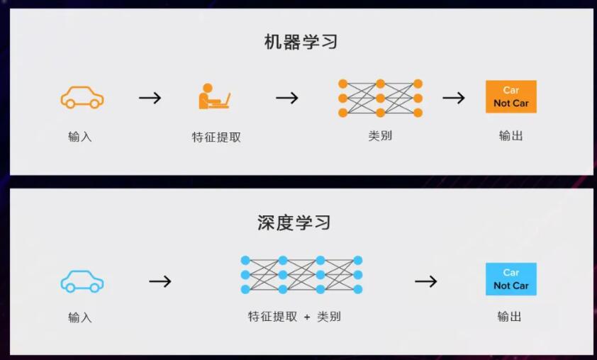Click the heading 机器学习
pos(301,42)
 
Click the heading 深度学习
pos(294,223)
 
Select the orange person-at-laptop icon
pos(214,96)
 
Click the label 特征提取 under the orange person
pos(216,137)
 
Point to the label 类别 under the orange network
pos(380,135)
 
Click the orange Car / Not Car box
pos(511,96)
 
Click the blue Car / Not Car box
pos(511,279)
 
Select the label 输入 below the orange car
pos(80,136)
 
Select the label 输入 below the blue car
pos(80,317)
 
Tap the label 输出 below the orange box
pos(511,135)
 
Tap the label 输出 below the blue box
pos(509,316)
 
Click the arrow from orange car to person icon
pos(150,98)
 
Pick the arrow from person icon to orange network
pos(287,98)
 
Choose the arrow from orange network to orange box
pos(454,98)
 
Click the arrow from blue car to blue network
pos(160,281)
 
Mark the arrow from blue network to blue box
pos(426,281)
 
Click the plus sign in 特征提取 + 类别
pos(307,317)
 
